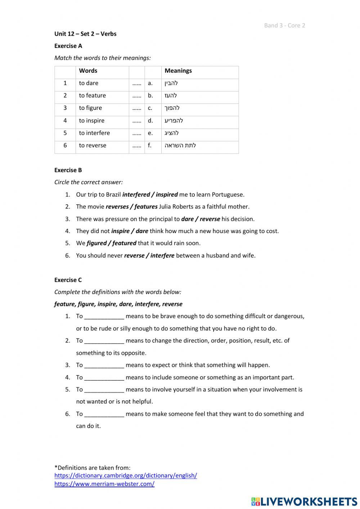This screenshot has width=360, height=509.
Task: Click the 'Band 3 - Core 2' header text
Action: [284, 25]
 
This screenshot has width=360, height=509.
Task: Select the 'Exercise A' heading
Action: [68, 46]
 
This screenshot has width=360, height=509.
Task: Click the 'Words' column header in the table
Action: [88, 71]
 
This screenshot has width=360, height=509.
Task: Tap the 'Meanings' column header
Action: [178, 71]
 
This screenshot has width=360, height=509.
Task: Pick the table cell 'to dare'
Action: [89, 83]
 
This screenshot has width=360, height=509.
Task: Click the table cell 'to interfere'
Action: [94, 133]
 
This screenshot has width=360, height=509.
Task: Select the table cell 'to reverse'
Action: [93, 146]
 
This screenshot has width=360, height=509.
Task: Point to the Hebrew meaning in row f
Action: [180, 146]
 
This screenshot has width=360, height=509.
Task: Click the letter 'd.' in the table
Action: [150, 121]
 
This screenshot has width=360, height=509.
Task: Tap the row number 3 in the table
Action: [65, 108]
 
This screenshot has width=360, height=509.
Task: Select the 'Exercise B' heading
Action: [68, 170]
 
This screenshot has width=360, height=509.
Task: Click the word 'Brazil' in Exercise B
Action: [113, 195]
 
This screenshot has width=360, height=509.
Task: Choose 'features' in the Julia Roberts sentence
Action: [146, 207]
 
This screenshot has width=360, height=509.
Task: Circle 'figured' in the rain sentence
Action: [96, 243]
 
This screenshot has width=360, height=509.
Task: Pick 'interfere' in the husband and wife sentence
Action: [162, 255]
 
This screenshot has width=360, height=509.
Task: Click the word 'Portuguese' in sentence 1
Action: [227, 195]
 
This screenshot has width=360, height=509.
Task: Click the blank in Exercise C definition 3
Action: [104, 365]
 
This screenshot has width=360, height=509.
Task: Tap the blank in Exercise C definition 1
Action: [104, 316]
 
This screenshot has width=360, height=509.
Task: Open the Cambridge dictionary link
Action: [126, 475]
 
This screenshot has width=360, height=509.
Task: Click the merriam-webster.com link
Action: [104, 484]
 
